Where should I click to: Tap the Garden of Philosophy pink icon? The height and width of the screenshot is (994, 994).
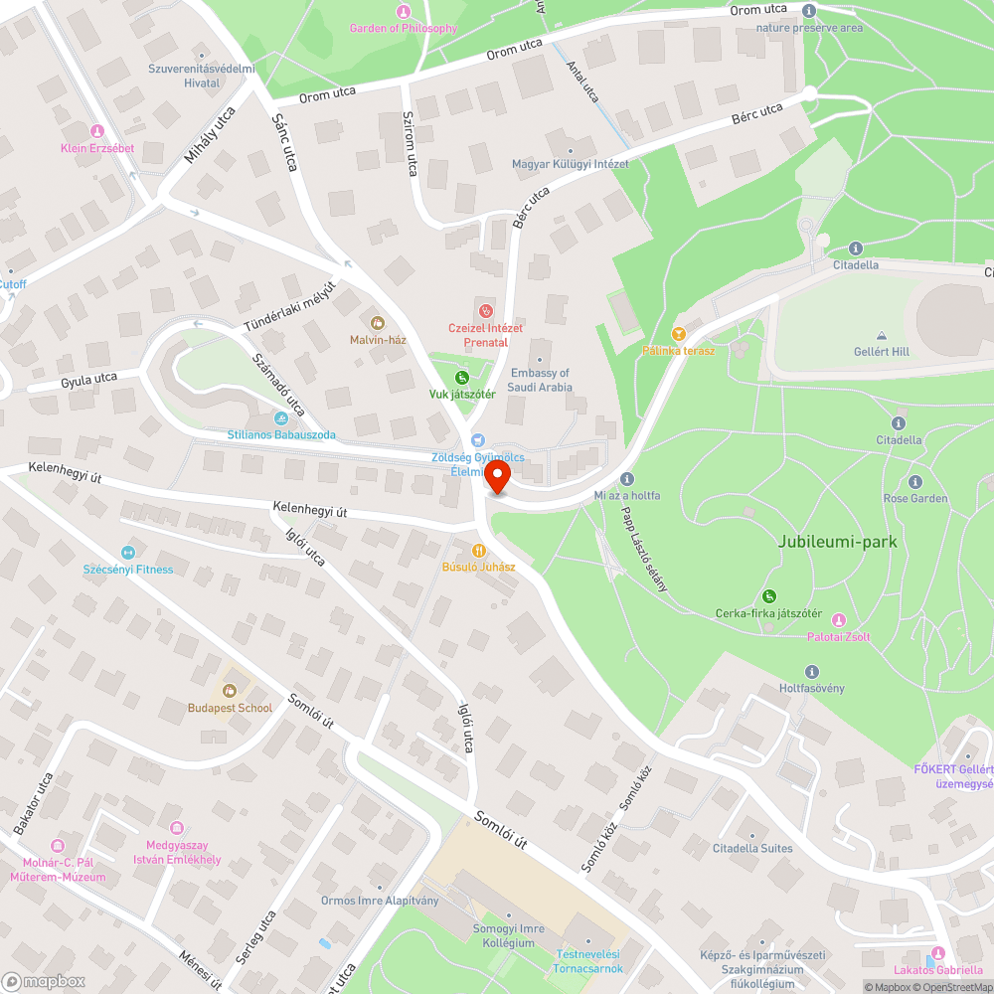click(x=403, y=12)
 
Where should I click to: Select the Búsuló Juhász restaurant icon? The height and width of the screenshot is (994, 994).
click(x=479, y=550)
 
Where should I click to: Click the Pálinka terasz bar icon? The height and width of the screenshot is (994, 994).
click(x=679, y=334)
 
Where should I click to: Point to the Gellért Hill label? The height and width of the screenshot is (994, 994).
click(x=881, y=351)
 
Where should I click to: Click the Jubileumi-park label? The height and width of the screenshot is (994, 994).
click(x=838, y=542)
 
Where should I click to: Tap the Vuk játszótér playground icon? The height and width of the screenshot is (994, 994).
click(x=461, y=378)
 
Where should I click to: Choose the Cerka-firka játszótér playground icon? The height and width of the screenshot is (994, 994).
click(x=768, y=596)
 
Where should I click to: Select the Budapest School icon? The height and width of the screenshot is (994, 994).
click(x=230, y=691)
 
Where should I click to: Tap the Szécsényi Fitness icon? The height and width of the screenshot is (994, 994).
click(x=127, y=553)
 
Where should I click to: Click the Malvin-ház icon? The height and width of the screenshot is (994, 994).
click(x=377, y=322)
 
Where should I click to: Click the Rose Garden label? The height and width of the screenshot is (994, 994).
click(x=915, y=498)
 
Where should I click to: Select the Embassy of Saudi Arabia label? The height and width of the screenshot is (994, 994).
click(x=540, y=380)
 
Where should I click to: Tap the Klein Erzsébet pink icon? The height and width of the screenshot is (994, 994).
click(x=96, y=131)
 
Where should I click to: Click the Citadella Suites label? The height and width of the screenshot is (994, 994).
click(x=752, y=848)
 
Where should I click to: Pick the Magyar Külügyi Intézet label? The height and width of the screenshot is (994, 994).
click(x=570, y=164)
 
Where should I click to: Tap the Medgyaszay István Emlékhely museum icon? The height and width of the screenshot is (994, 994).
click(x=177, y=827)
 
